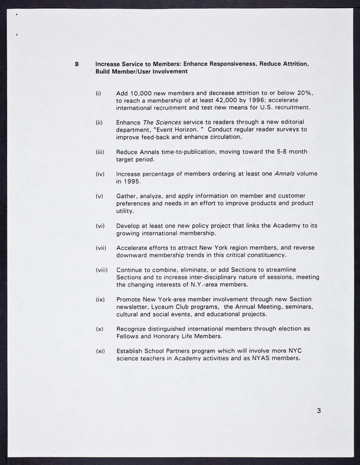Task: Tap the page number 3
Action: [319, 411]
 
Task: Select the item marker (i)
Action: [99, 93]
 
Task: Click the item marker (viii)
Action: [102, 270]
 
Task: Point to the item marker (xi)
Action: [99, 350]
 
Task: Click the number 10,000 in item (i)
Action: [143, 93]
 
